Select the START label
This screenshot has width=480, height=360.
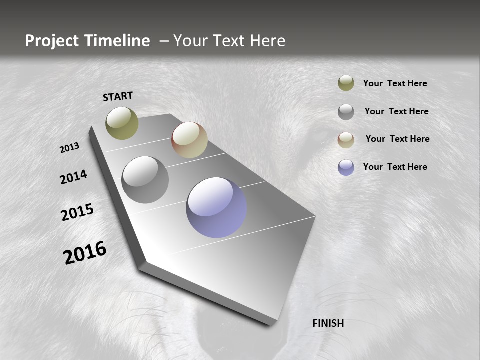[x=118, y=96]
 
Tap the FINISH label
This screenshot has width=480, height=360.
[x=328, y=323]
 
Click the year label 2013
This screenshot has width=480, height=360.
[x=69, y=148]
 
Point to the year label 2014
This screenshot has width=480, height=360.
[x=73, y=177]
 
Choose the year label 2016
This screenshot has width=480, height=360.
[x=85, y=253]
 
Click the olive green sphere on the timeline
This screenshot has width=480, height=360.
[x=122, y=123]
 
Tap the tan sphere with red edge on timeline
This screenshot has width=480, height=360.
[x=189, y=140]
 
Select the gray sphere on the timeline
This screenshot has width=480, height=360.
[x=145, y=180]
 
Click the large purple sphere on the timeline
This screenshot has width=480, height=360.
[x=216, y=207]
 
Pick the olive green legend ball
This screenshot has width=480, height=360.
[x=346, y=83]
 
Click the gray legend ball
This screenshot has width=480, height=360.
[x=346, y=112]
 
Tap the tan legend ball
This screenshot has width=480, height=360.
[x=346, y=140]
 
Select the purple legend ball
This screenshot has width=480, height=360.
[x=346, y=167]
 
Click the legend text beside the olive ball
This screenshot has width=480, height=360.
[x=395, y=83]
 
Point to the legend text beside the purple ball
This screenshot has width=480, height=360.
[x=395, y=167]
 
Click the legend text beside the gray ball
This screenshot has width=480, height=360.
[x=396, y=111]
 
